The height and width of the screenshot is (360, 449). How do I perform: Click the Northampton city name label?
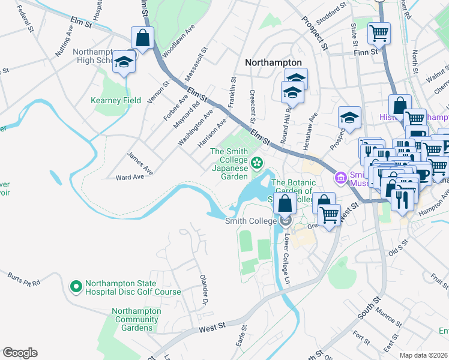(273, 62)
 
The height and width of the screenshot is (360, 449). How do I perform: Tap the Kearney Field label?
(116, 100)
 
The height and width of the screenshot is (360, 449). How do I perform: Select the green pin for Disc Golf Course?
(76, 287)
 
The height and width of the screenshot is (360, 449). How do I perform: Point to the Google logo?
(20, 353)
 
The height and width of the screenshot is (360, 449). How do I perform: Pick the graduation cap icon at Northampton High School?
(124, 62)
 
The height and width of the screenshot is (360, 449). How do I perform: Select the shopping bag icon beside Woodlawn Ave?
(143, 38)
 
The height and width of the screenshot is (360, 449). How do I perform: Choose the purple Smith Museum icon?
(342, 178)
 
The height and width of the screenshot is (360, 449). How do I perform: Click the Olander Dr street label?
(205, 284)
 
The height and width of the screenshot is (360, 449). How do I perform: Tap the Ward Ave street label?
(130, 177)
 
